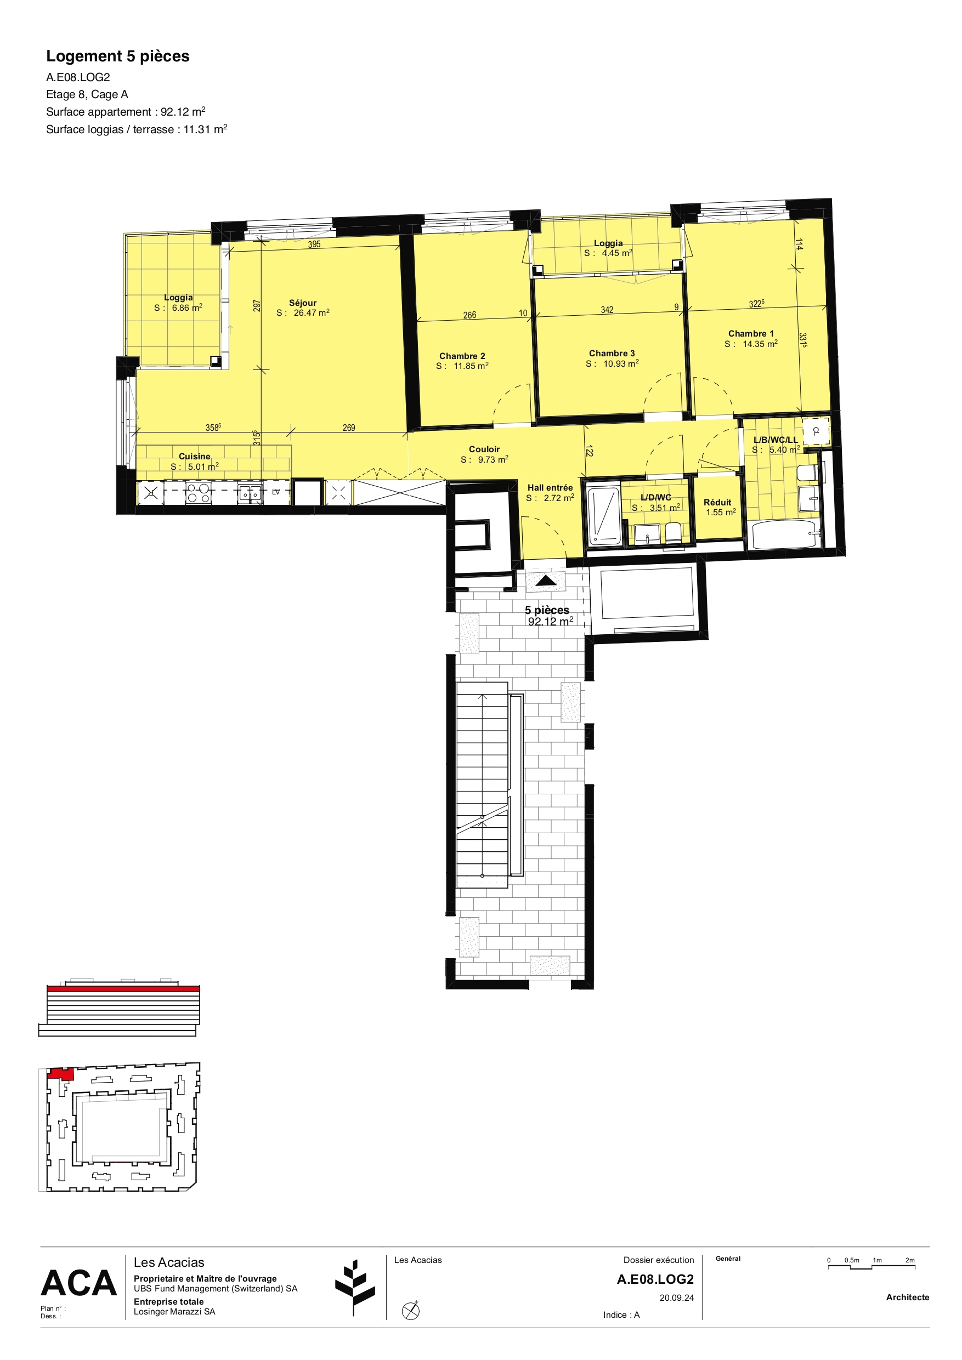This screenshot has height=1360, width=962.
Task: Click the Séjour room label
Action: coord(302,303)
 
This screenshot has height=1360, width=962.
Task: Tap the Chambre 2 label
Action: coord(462,356)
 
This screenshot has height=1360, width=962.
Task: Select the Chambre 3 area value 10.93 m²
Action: coord(620,363)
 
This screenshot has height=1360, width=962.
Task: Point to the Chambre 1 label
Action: coord(750,333)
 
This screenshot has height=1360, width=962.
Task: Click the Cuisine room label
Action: coord(194,456)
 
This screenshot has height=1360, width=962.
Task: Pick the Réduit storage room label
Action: coord(717,502)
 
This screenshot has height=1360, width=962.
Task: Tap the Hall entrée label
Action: coord(550,487)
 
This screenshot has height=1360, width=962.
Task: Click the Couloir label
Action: coord(484,449)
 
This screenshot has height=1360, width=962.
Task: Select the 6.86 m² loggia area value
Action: coord(186,308)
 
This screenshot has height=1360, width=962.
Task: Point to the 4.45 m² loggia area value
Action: coord(616,253)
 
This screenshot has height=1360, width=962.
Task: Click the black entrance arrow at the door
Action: coord(545,581)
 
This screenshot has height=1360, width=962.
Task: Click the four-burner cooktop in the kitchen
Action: coord(198,493)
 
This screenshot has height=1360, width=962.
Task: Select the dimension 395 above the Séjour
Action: coord(314,244)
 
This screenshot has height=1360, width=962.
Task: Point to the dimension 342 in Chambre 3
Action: coord(607,310)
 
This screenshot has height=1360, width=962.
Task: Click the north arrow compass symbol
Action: coord(411,1311)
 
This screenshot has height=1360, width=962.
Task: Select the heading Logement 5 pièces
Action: coord(118,56)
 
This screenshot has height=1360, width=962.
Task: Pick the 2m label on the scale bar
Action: coord(909,1260)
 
